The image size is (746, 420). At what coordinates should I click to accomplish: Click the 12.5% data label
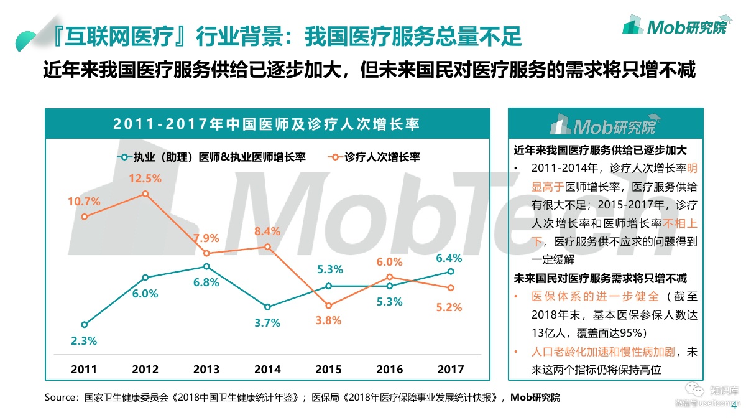[x=145, y=178]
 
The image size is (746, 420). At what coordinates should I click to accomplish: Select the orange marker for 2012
[x=145, y=194]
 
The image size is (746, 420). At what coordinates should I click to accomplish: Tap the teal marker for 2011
[x=85, y=324]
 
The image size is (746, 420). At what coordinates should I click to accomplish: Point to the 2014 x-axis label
[x=267, y=369]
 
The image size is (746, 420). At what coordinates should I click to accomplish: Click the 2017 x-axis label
[x=451, y=369]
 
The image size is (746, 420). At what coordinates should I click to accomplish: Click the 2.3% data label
[x=84, y=340]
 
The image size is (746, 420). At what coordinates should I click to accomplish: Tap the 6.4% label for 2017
[x=449, y=258]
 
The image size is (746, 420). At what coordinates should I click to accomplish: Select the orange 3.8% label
[x=328, y=321]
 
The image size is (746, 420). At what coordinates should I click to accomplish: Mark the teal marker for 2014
[x=267, y=307]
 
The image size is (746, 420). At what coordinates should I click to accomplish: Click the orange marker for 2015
[x=328, y=306]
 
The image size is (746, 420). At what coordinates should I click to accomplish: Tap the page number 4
[x=734, y=406]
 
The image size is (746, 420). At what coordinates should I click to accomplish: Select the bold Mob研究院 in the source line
[x=535, y=398]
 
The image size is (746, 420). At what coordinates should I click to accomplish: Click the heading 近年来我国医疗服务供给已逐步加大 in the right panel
[x=600, y=150]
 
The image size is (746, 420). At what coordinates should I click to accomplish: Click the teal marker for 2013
[x=206, y=266]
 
